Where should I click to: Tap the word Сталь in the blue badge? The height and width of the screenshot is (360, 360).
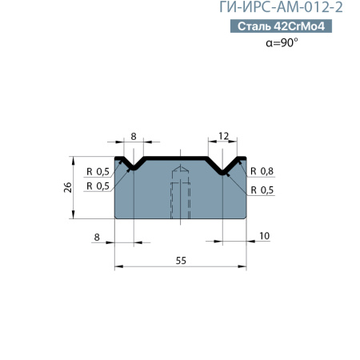[253, 27]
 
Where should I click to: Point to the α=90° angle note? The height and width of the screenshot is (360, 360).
[282, 42]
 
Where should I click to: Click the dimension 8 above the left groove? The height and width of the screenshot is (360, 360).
[134, 137]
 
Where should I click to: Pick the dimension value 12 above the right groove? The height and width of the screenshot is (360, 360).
[225, 137]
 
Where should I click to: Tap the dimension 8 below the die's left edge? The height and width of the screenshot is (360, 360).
[97, 237]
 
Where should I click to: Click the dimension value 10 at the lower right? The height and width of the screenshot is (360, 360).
[265, 237]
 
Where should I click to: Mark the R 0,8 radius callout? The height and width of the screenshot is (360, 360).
[262, 171]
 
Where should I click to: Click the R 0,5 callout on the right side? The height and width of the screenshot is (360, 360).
[262, 190]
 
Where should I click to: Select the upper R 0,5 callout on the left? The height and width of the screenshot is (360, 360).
[98, 171]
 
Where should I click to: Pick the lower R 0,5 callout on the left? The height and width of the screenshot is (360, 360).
[98, 186]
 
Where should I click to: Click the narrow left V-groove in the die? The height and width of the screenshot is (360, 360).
[134, 164]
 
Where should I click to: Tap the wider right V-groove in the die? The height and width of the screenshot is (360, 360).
[225, 166]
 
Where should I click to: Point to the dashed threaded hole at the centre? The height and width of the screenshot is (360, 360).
[181, 192]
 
